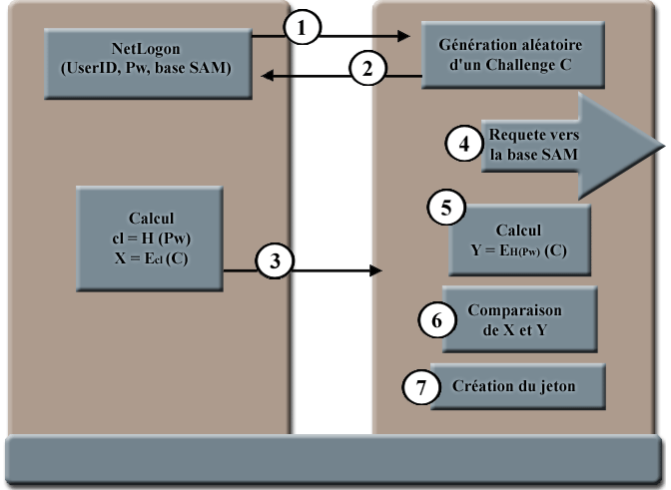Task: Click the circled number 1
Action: pos(303,28)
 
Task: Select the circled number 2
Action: pos(367,69)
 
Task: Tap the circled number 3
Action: pos(275,261)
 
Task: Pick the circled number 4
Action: pos(462,144)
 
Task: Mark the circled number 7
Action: pos(420,387)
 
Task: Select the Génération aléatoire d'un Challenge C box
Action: pos(511,55)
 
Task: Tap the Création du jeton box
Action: pos(519,384)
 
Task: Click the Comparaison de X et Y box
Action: pos(518,319)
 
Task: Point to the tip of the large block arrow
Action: pos(662,147)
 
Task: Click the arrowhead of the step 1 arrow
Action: pos(405,37)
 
